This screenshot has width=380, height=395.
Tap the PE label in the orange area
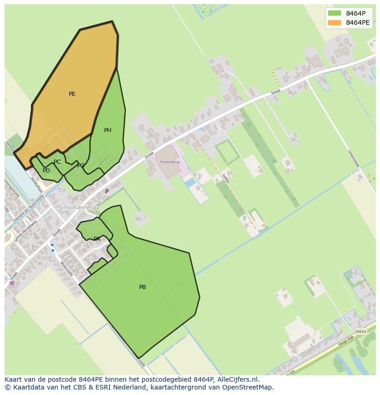[72, 94]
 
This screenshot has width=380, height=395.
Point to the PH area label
[108, 130]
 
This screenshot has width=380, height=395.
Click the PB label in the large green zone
[142, 287]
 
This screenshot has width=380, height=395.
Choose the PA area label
[97, 239]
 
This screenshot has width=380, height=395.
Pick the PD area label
[46, 171]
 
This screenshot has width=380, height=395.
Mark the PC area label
[57, 162]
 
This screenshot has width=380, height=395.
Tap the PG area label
[81, 166]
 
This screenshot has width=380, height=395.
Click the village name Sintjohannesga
[79, 207]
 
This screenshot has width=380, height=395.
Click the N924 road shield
[361, 331]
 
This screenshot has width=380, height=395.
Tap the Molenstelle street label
[67, 268]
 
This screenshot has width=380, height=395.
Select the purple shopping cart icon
[11, 283]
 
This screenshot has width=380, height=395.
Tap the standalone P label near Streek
[107, 192]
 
